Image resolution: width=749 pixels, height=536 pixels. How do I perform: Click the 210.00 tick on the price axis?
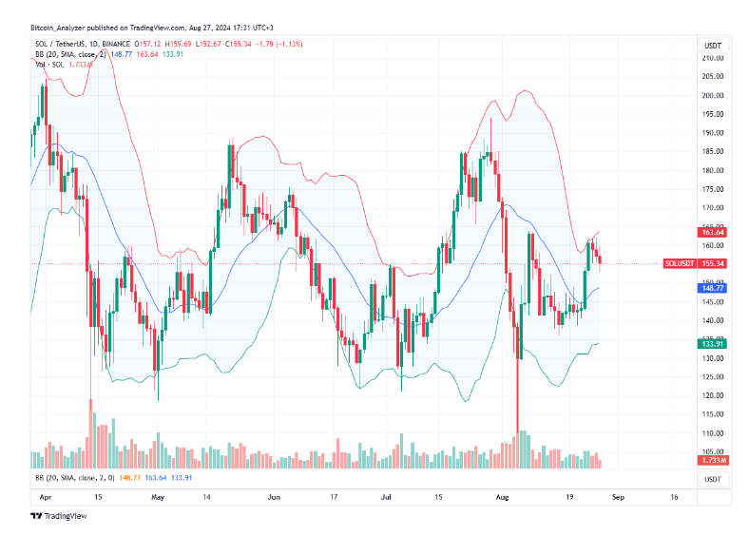click(x=713, y=58)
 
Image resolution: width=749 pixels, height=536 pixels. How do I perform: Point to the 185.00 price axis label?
click(x=713, y=151)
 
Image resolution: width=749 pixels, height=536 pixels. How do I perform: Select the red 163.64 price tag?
click(x=713, y=232)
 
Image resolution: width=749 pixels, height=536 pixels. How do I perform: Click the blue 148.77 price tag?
click(x=713, y=288)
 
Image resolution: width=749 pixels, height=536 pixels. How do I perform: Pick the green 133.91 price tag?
click(x=713, y=343)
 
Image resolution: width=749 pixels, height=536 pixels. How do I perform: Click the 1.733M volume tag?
click(x=713, y=460)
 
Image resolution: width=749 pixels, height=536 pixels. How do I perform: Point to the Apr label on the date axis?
click(x=43, y=496)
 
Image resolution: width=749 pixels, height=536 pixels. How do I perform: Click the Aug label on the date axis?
click(x=504, y=496)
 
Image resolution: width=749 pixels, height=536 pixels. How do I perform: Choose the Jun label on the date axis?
click(x=274, y=496)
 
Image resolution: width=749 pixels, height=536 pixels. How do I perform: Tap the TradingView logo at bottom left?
click(x=58, y=516)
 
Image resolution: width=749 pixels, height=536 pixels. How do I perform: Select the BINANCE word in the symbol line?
click(x=116, y=44)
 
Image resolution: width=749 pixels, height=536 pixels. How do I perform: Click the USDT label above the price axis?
click(x=712, y=44)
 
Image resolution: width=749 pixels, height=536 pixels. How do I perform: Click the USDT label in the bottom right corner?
click(x=712, y=479)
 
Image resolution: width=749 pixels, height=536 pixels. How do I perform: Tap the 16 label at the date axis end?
click(x=673, y=496)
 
